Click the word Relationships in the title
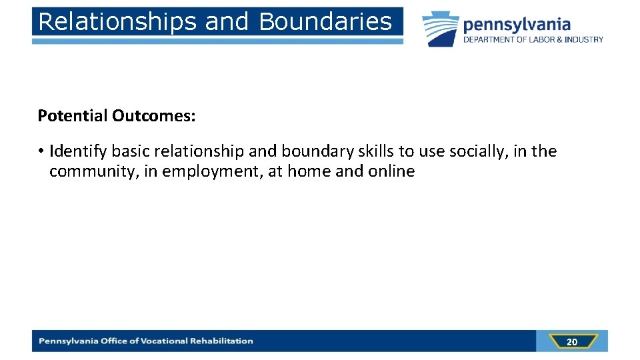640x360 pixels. point(117,21)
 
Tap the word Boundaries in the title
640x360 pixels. point(325,21)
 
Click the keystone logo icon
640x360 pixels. point(440,29)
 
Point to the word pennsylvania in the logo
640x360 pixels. point(517,25)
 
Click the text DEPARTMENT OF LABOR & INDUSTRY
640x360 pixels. point(533,40)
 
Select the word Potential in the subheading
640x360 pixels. point(72,116)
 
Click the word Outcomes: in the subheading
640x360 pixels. point(153,116)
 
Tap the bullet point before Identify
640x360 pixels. point(41,151)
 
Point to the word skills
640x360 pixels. point(375,151)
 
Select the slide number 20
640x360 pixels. point(571,342)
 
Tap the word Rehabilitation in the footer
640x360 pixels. point(222,341)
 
